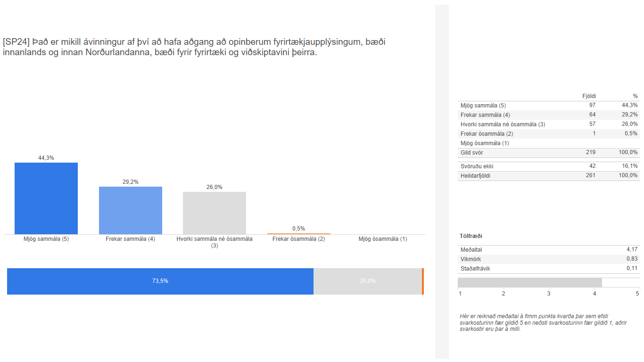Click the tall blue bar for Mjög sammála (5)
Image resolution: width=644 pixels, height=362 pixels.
(46, 198)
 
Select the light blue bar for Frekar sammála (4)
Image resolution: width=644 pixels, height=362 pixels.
(131, 210)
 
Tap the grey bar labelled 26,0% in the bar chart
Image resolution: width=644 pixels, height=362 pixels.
(215, 213)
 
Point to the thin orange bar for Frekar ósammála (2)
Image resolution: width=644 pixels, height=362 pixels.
(299, 234)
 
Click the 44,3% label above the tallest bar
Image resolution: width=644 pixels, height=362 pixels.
(46, 158)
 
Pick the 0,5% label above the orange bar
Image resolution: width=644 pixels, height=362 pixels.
(299, 229)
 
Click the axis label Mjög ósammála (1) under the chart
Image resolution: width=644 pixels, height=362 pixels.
(383, 239)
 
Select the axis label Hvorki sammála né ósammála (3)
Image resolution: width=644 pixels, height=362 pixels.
(215, 242)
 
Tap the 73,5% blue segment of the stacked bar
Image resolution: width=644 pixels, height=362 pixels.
(160, 281)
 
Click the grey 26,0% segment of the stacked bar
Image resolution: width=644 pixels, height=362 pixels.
(368, 281)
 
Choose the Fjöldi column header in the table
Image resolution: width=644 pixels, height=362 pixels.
(589, 96)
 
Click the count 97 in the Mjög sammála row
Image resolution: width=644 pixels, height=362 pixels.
(592, 106)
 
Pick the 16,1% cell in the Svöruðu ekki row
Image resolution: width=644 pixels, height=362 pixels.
(630, 166)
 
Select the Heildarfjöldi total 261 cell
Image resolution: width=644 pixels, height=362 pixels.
(592, 176)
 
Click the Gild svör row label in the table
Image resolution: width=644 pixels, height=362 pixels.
(471, 153)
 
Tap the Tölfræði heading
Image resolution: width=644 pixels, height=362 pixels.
(471, 236)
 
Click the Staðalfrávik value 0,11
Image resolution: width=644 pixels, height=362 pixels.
(632, 269)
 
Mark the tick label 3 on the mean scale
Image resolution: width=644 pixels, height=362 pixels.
(549, 294)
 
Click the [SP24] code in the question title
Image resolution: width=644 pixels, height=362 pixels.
(13, 42)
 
